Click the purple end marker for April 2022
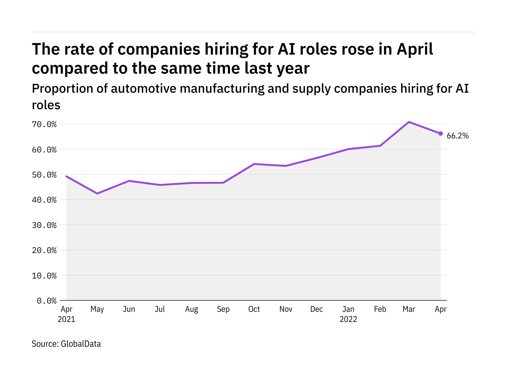pos(440,134)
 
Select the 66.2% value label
pos(458,136)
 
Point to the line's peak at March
pos(409,122)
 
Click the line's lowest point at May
pos(97,193)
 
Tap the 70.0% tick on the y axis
pos(44,124)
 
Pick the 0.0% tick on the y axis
pos(47,301)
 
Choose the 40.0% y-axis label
pos(44,200)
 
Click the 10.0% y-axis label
pos(44,276)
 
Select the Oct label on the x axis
pos(254,309)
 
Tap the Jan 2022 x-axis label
pos(348,314)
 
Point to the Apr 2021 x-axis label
pos(67,314)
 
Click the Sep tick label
pos(223,309)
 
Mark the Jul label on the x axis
pos(160,309)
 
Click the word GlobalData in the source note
pos(81,344)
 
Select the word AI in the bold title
pos(287,49)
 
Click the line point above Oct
pos(254,164)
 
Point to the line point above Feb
pos(380,146)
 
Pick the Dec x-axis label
pos(317,309)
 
